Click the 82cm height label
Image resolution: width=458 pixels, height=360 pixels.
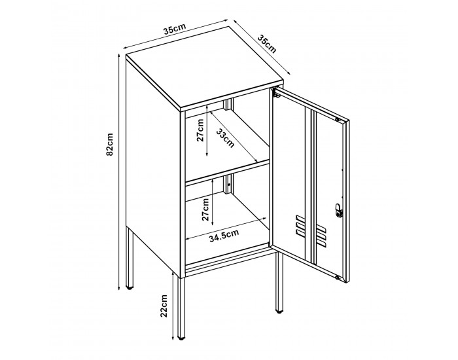[111, 145]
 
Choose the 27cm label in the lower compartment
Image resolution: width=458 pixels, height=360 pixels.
[205, 206]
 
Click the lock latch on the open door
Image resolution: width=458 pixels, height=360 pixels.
[338, 210]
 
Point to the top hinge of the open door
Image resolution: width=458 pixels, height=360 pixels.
[338, 120]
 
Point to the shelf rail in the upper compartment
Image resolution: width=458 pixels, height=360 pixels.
[228, 105]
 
